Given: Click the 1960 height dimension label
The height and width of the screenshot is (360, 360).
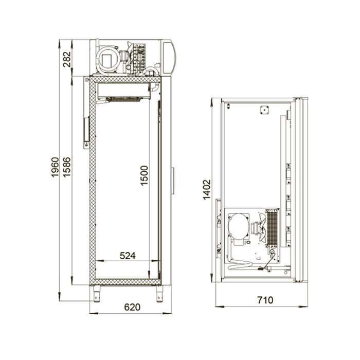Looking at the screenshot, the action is point(55,167).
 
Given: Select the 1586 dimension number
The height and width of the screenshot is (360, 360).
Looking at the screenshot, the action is point(66,167).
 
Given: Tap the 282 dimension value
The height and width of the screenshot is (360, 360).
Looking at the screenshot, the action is point(67,60).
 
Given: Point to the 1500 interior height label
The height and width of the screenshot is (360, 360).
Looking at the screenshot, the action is point(144,175).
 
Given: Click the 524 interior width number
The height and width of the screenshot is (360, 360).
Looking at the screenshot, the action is point(128,256).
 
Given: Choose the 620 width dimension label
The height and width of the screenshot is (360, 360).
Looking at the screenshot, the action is point(132,307).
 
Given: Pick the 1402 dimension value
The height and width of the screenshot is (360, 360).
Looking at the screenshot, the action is point(207,190).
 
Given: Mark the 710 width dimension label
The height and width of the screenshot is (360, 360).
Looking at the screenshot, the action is point(265,300).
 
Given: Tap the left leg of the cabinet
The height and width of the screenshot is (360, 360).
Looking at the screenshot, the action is point(97,294).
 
